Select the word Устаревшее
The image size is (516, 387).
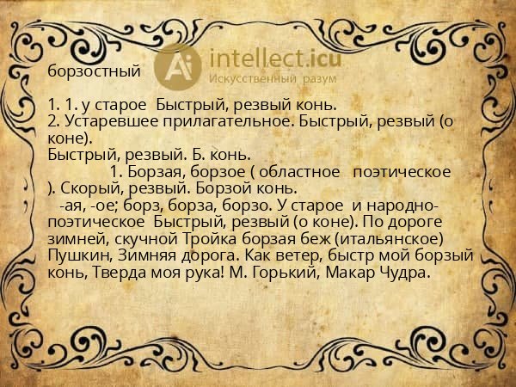pyautogui.click(x=107, y=122)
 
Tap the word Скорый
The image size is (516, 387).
pyautogui.click(x=95, y=188)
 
